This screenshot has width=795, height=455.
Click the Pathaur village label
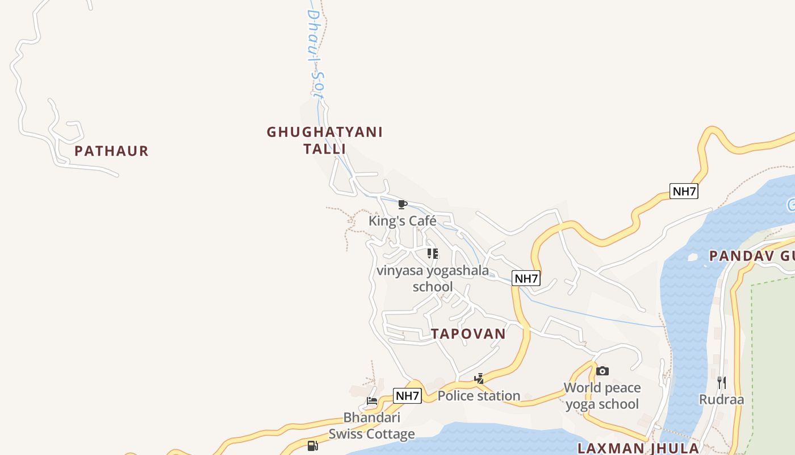click(111, 151)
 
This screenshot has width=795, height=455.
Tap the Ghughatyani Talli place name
click(325, 140)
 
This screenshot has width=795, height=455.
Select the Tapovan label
click(468, 334)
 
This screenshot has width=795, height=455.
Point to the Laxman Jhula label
click(638, 448)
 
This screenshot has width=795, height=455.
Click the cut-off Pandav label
click(751, 256)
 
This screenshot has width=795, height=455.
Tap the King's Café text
click(403, 221)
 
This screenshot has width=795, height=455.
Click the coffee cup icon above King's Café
click(403, 204)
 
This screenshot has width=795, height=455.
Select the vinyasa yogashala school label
click(433, 278)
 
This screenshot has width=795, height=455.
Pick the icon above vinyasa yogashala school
click(433, 253)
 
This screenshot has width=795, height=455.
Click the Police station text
click(479, 395)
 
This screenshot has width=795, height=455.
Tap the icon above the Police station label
click(479, 379)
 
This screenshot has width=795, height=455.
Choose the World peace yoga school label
click(602, 396)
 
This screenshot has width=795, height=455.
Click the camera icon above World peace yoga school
click(602, 371)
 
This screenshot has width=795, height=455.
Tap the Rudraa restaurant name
click(721, 399)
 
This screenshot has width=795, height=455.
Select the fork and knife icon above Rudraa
click(722, 382)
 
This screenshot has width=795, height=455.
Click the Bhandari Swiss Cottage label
click(372, 425)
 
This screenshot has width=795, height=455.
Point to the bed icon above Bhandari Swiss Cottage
click(372, 401)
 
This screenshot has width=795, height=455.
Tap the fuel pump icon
click(312, 445)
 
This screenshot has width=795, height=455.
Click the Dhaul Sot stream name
click(315, 54)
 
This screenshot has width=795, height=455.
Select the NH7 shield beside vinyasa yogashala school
click(526, 278)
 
